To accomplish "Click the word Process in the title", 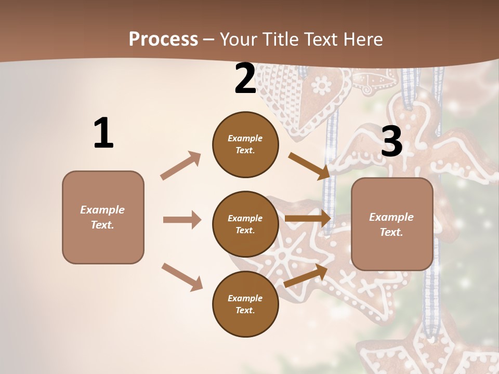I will [163, 39].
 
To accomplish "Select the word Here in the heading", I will [363, 39].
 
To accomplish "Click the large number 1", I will [103, 133].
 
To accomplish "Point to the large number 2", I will [245, 78].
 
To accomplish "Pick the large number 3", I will [391, 141].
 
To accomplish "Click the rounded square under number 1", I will [103, 217].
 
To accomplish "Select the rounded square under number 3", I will [392, 224].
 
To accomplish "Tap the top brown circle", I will [245, 144].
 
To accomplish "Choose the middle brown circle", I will [245, 224].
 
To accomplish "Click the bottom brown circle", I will [245, 304].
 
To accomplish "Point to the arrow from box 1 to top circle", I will [181, 165].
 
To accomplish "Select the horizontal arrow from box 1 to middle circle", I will [182, 220].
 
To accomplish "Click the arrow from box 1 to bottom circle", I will [182, 276].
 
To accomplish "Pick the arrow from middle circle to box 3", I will [308, 219].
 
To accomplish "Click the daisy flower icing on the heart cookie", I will [322, 84].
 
